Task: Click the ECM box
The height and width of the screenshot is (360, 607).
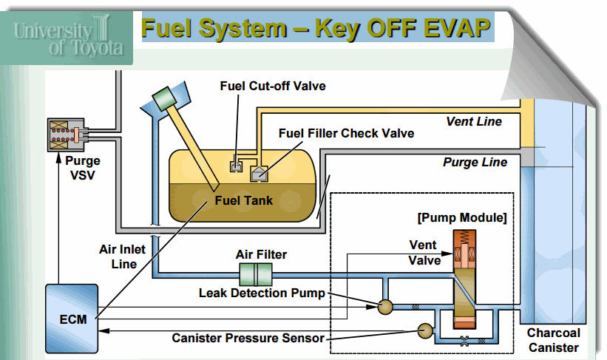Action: tap(71, 318)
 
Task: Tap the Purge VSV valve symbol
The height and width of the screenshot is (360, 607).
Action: tap(67, 135)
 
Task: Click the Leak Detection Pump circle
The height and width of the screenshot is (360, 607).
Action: tap(384, 305)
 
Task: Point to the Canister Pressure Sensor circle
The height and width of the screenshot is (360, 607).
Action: tap(426, 330)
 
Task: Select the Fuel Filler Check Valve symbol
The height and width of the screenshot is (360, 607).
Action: tap(259, 174)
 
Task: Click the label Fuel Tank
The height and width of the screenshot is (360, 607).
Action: tap(243, 200)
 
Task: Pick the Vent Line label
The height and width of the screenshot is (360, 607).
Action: tap(474, 122)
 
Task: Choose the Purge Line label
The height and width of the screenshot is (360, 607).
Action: tap(475, 162)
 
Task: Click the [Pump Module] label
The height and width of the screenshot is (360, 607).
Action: tap(462, 218)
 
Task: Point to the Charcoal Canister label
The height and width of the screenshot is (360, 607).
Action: tap(555, 340)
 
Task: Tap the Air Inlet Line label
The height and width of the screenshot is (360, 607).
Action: tap(123, 256)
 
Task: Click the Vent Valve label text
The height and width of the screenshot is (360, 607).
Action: tap(424, 252)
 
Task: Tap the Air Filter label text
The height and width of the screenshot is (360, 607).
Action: tap(261, 254)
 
